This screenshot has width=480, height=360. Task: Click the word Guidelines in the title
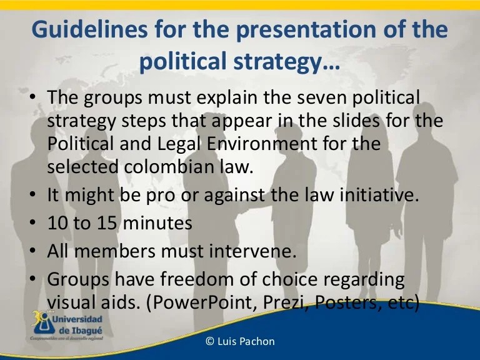click(x=90, y=29)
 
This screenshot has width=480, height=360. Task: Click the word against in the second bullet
click(x=234, y=195)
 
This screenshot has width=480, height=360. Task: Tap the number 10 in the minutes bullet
click(x=57, y=222)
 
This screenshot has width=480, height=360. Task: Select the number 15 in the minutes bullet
click(x=107, y=222)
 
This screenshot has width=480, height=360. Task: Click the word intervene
click(x=253, y=251)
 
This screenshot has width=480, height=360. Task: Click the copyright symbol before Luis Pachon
click(x=210, y=341)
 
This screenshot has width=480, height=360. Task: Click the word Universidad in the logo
click(x=77, y=319)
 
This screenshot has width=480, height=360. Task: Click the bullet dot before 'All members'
click(x=32, y=251)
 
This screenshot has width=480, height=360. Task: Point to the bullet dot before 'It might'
click(x=32, y=195)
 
